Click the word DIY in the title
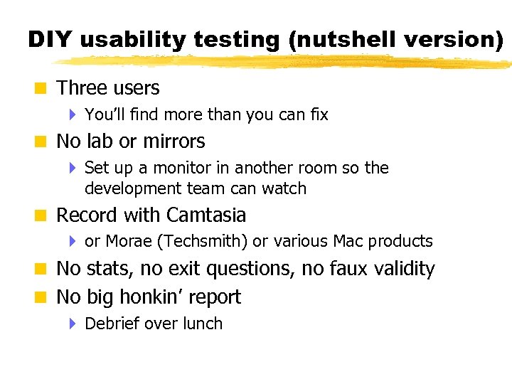50,40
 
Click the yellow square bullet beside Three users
42,89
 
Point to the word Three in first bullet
79,88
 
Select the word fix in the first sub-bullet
319,114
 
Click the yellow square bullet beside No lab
42,142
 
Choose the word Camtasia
206,215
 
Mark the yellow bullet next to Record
42,215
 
